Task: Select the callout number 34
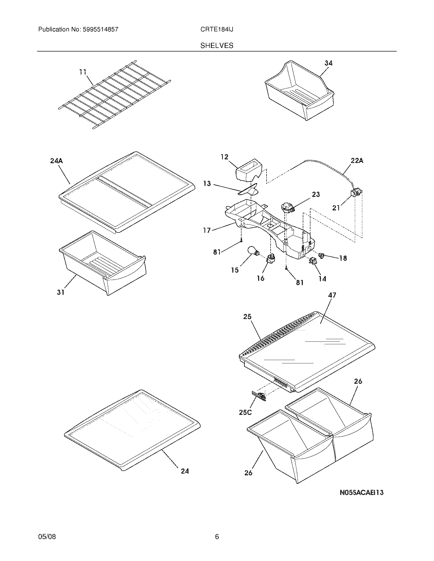click(x=328, y=63)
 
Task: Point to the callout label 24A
click(x=56, y=161)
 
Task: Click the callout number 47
click(x=332, y=295)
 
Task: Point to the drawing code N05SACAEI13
click(x=361, y=493)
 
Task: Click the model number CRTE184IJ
click(x=217, y=30)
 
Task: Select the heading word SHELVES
click(x=217, y=46)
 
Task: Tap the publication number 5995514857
click(x=100, y=30)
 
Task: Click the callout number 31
click(x=61, y=292)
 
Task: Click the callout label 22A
click(x=357, y=161)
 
